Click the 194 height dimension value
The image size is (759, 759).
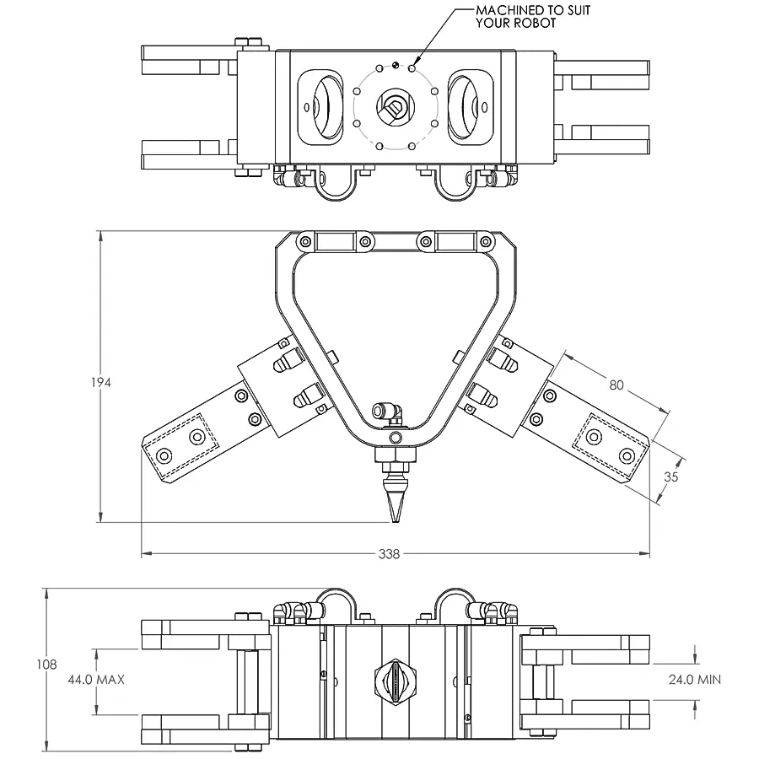pos(100,382)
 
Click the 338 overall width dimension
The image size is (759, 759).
pos(389,554)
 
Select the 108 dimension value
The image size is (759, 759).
pos(46,665)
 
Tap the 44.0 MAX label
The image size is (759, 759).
pos(96,680)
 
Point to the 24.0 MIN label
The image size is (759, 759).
pos(695,680)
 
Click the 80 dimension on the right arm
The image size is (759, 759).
pos(616,385)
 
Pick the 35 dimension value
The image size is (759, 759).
pos(671,476)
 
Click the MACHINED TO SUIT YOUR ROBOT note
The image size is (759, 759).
pos(532,17)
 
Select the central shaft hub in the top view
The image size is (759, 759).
pos(396,107)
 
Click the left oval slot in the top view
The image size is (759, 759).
pos(320,107)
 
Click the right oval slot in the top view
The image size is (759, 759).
pos(471,107)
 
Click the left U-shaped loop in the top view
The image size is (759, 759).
pos(336,192)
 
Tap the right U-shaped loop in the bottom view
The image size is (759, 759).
pos(455,593)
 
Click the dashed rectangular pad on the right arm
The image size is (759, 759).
pos(611,445)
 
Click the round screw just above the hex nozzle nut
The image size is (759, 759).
pos(396,438)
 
